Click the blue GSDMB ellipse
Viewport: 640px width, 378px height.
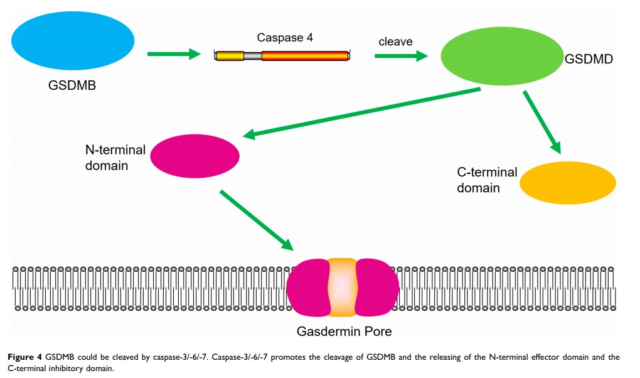coord(73,41)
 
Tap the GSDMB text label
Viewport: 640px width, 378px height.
coord(72,85)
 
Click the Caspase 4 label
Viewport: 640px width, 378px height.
coord(285,38)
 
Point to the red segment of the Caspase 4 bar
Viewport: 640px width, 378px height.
coord(305,56)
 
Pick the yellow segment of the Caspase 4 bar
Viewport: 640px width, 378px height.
coord(230,56)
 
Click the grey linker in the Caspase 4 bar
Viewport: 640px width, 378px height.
coord(253,56)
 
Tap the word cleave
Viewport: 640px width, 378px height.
coord(395,41)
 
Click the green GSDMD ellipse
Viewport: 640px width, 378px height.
coord(503,55)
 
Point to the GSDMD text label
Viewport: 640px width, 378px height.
coord(589,60)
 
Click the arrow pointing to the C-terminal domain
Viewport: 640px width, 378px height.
coord(543,121)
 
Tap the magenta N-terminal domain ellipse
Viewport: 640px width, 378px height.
coord(195,153)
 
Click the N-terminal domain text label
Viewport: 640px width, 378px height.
coord(115,158)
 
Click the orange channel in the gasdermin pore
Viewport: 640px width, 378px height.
coord(342,286)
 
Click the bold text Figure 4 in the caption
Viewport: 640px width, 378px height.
coord(24,357)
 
